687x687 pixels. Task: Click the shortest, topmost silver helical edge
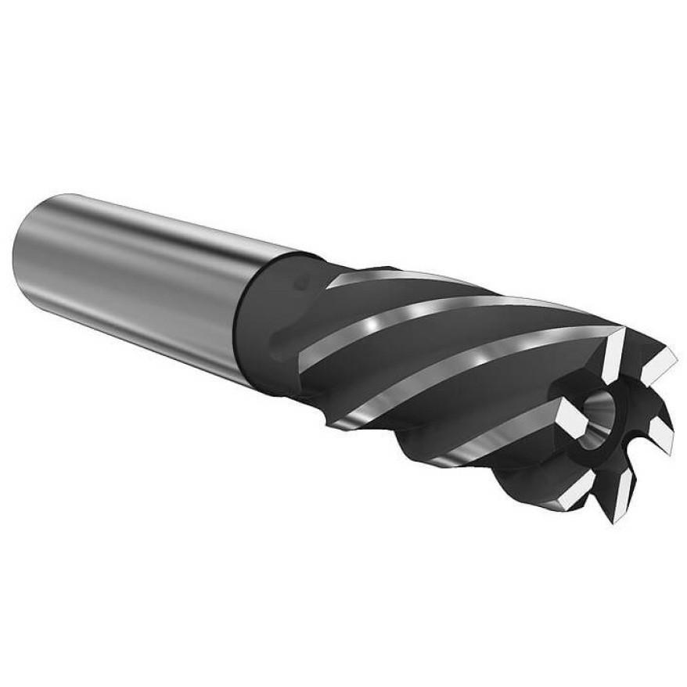391,275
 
